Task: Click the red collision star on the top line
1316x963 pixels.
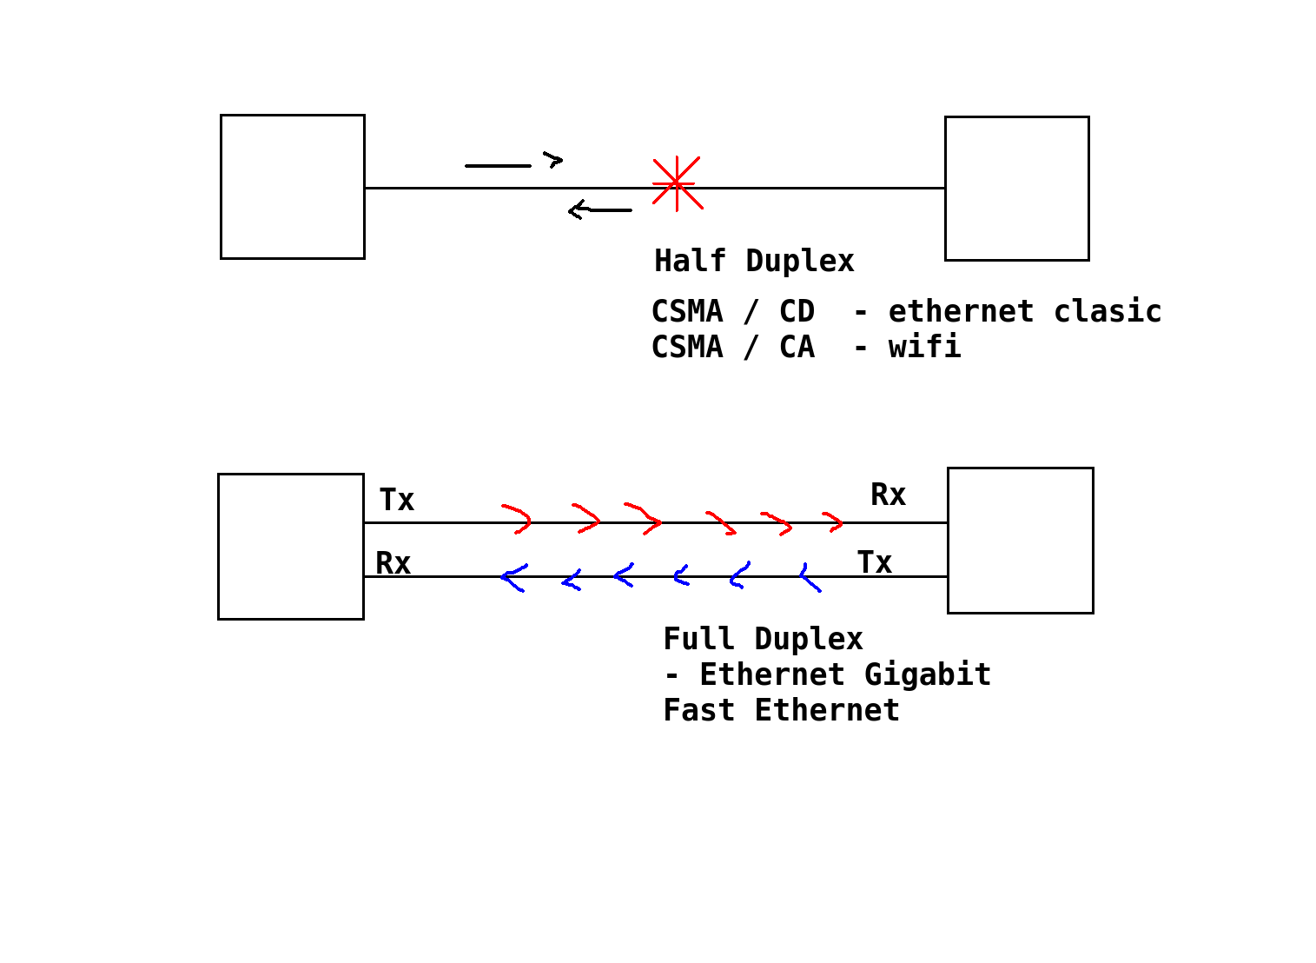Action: [677, 183]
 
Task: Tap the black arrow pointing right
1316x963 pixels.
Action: [513, 163]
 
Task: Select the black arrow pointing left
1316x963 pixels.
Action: [599, 209]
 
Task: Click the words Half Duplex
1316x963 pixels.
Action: [754, 261]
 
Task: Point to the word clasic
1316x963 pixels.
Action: [1108, 311]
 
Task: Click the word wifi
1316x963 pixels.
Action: [924, 347]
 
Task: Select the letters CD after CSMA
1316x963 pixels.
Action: [797, 311]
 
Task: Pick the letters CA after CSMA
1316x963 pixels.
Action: [797, 347]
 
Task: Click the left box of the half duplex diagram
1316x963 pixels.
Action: [293, 187]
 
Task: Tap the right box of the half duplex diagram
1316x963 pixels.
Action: [1016, 189]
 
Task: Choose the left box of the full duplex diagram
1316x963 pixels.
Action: [291, 547]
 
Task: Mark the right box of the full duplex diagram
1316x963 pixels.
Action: [1020, 541]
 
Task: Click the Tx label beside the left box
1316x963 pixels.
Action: [397, 501]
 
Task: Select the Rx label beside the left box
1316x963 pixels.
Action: [393, 564]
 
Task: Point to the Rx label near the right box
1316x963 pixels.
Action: [888, 495]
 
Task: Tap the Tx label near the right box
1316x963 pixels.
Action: [875, 563]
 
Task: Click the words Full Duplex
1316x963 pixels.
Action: [763, 639]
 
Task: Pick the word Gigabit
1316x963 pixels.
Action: [928, 674]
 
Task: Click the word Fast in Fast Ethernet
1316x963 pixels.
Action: [698, 710]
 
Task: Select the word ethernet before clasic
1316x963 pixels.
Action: [961, 311]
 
